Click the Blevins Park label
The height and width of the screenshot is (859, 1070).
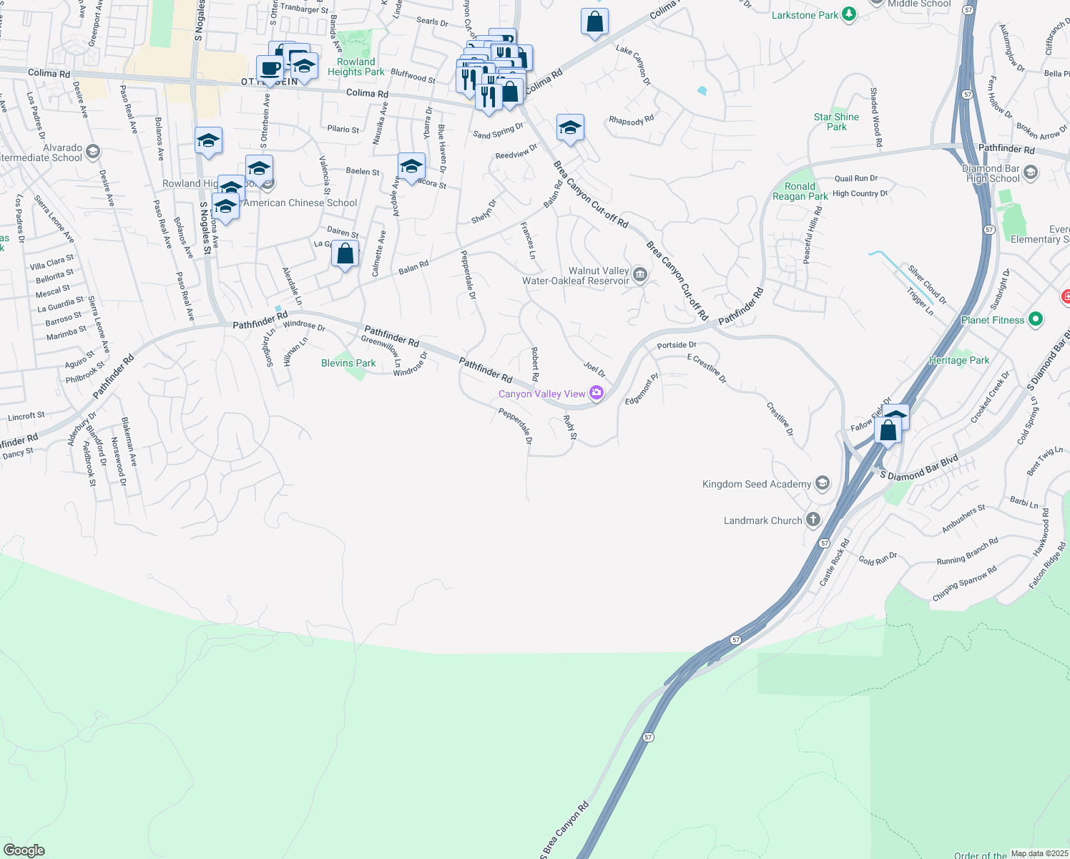(348, 363)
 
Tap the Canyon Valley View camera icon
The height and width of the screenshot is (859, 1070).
(597, 392)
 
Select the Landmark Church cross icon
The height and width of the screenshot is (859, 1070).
(813, 520)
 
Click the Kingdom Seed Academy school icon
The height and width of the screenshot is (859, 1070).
(822, 484)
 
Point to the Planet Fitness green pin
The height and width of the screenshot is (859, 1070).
(1035, 320)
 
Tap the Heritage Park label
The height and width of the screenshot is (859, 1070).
(958, 360)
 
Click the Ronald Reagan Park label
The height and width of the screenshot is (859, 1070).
(800, 191)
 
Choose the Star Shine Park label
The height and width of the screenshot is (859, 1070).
(836, 122)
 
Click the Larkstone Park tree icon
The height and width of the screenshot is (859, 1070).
(849, 14)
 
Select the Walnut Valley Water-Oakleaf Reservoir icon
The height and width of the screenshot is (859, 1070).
(640, 274)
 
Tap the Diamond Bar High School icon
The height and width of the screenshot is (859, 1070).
(1030, 173)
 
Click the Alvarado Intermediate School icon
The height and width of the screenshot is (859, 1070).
(92, 151)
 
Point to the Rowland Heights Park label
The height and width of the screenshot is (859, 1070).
(355, 67)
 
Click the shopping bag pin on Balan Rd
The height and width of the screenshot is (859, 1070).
(345, 254)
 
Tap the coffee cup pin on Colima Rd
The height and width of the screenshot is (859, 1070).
(270, 69)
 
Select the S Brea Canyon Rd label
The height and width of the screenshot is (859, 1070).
(564, 830)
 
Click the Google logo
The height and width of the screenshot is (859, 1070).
(24, 850)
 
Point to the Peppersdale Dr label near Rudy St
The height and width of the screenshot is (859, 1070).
(516, 426)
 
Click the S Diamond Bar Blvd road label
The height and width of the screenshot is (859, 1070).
(918, 468)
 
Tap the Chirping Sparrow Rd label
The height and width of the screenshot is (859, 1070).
(964, 583)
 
